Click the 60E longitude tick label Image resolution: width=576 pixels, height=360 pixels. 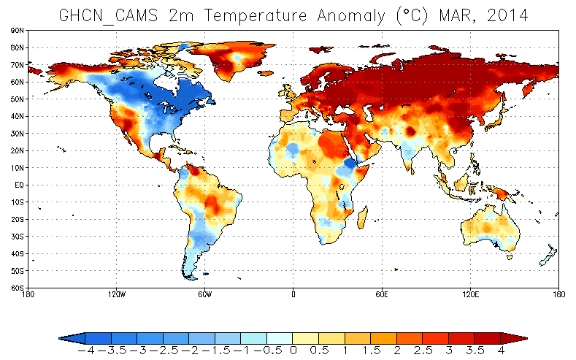tap(382, 294)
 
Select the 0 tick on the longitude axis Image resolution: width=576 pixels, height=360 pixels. tap(293, 294)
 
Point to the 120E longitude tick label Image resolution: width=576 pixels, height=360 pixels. tap(470, 294)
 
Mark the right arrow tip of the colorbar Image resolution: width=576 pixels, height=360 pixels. tap(526, 338)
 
